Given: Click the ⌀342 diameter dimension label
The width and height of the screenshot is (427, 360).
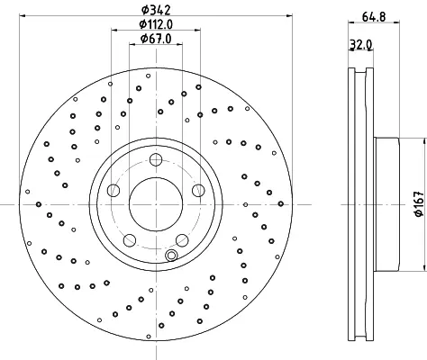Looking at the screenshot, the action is pyautogui.click(x=156, y=10).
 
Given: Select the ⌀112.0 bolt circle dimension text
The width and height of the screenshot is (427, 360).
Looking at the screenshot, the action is pyautogui.click(x=156, y=24).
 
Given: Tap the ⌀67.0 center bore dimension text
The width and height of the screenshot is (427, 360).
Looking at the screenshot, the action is pyautogui.click(x=156, y=39).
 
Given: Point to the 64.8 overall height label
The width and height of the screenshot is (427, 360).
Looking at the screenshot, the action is pyautogui.click(x=374, y=16).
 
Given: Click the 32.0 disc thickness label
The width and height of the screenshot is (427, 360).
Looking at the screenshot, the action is pyautogui.click(x=361, y=45).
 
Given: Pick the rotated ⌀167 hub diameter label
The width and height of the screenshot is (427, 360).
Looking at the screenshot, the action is pyautogui.click(x=418, y=204).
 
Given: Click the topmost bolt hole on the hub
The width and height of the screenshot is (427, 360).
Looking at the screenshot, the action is pyautogui.click(x=156, y=159).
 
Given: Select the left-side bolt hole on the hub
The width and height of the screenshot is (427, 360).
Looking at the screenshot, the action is pyautogui.click(x=114, y=190).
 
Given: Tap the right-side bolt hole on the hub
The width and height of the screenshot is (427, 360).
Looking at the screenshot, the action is pyautogui.click(x=198, y=190).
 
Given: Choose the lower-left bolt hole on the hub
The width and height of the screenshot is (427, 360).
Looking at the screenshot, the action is pyautogui.click(x=130, y=240).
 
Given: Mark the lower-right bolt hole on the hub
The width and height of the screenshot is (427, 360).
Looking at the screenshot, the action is pyautogui.click(x=182, y=240).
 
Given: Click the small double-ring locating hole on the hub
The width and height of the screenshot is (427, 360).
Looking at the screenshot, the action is pyautogui.click(x=171, y=256).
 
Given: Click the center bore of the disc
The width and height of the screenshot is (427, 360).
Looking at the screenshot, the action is pyautogui.click(x=156, y=204).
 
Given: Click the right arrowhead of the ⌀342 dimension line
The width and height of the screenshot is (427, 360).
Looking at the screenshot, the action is pyautogui.click(x=289, y=15).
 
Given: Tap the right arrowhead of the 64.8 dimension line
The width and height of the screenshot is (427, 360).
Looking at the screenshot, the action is pyautogui.click(x=396, y=22).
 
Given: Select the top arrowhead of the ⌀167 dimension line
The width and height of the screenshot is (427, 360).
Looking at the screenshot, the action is pyautogui.click(x=425, y=141).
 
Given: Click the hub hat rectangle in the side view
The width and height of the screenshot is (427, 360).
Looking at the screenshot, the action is pyautogui.click(x=386, y=204).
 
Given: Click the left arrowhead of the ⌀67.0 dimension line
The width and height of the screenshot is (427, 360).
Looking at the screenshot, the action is pyautogui.click(x=132, y=44).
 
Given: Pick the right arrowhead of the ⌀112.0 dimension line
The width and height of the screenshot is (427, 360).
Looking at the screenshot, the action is pyautogui.click(x=197, y=30).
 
